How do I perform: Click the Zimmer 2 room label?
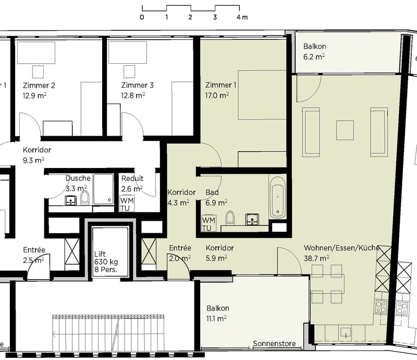tap(39, 86)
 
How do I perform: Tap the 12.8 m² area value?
tap(133, 95)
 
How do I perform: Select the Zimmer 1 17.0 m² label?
tap(220, 90)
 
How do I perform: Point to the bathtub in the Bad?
tap(278, 197)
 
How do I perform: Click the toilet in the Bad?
tap(230, 218)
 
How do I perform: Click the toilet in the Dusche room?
tap(85, 197)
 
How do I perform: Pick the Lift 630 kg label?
tap(106, 258)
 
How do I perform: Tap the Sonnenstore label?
tap(274, 343)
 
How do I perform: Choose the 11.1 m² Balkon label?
tap(217, 313)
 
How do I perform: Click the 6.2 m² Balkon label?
tap(315, 51)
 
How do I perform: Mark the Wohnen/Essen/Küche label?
tap(341, 248)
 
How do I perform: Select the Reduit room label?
tap(132, 178)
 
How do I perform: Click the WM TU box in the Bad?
tap(208, 224)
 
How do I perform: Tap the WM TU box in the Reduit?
tap(127, 204)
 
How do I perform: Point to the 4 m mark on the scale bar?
tap(242, 17)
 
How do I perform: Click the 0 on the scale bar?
tap(142, 17)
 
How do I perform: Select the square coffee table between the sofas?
tap(345, 130)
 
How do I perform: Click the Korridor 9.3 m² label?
tap(36, 155)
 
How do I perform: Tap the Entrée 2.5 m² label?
tap(34, 255)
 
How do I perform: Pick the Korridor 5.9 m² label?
tap(219, 253)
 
